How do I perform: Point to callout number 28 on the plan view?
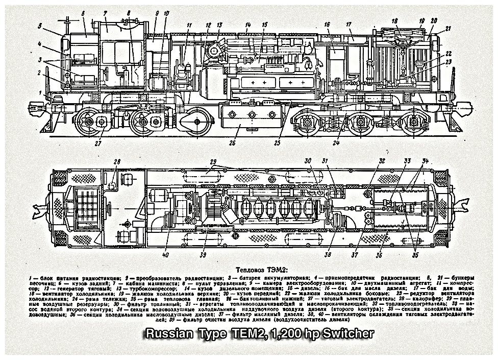click(117, 162)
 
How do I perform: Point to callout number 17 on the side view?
click(348, 25)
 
